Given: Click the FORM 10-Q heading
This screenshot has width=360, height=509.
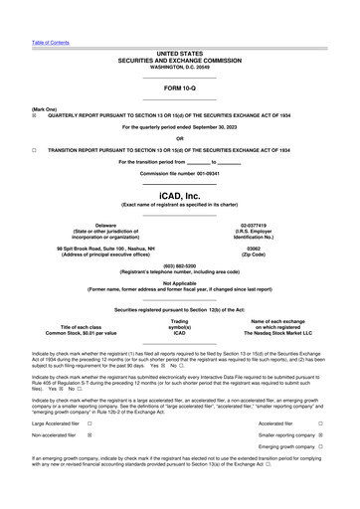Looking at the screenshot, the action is point(180,89).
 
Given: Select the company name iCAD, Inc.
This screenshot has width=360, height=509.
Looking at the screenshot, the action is point(180,196).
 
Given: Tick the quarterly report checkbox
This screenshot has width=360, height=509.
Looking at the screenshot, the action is point(35,114).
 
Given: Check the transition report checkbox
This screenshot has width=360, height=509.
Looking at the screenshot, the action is point(35,149).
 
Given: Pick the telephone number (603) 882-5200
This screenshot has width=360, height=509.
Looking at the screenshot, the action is point(180,265).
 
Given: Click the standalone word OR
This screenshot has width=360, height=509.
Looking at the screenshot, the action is point(180,138).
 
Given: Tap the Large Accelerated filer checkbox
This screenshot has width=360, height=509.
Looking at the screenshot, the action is point(90,424).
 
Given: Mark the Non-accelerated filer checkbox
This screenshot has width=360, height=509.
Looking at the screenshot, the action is point(90,435).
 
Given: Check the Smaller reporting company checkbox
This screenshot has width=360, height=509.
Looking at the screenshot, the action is point(319,435).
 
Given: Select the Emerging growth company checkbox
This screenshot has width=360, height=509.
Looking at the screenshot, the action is point(319,447).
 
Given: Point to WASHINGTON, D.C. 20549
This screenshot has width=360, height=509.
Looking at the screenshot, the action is point(180,67).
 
